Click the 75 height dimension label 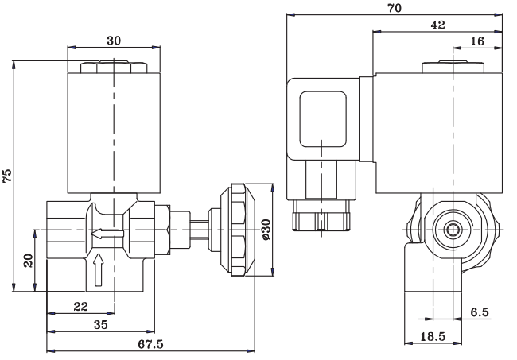[x=7, y=175]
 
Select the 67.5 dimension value [x=150, y=344]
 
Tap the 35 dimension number [x=100, y=325]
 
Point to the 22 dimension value [x=81, y=307]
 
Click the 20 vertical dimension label [x=29, y=261]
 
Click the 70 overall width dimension [x=395, y=8]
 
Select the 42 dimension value [x=438, y=25]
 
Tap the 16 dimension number [x=477, y=41]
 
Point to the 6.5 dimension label [x=480, y=312]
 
